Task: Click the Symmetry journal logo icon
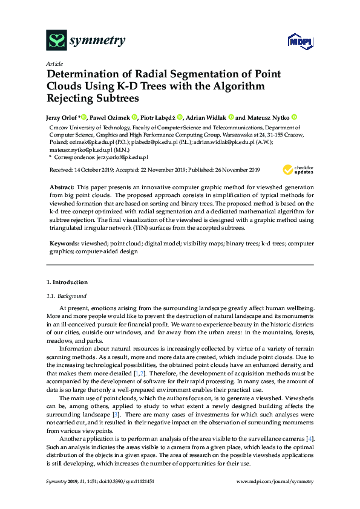point(56,41)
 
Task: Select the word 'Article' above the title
point(54,63)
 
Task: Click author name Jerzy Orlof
point(62,117)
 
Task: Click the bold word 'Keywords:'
point(65,242)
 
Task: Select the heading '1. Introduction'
point(67,282)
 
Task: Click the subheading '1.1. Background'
point(67,296)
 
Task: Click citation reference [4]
point(310,438)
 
